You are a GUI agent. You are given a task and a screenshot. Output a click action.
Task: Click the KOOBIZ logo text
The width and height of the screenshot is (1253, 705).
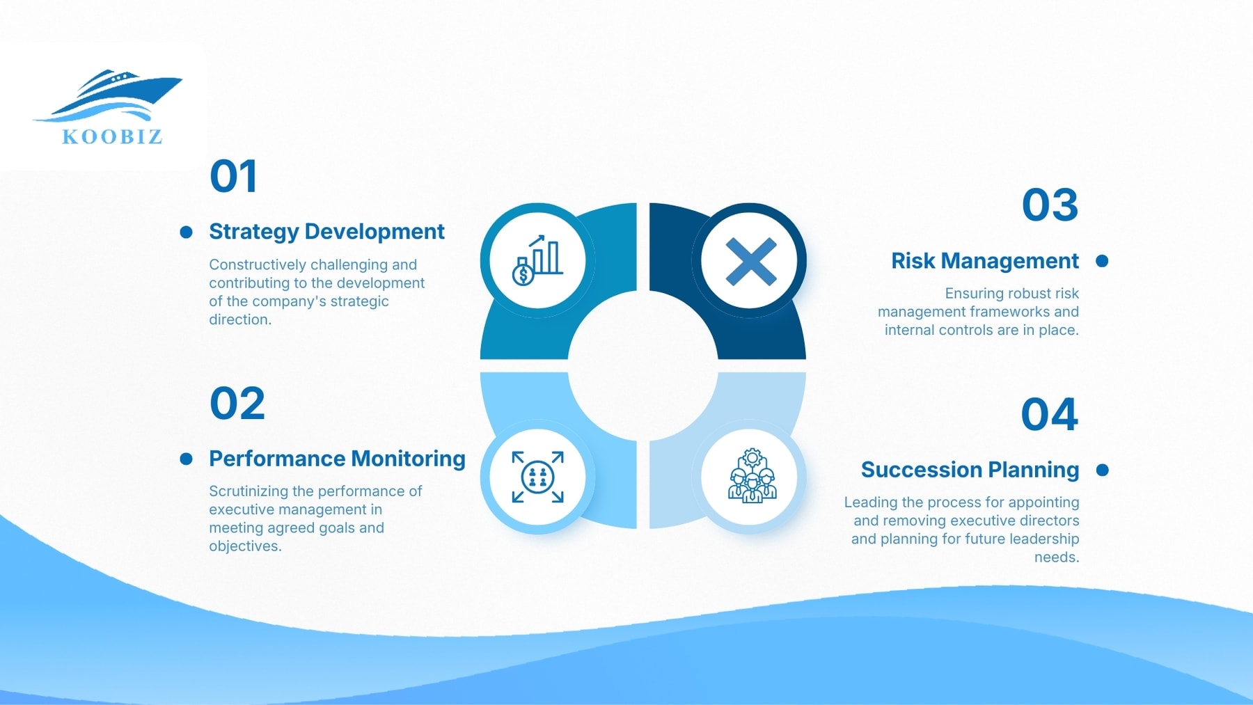click(x=112, y=136)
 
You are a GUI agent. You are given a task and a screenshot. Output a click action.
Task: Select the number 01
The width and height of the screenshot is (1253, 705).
click(x=234, y=176)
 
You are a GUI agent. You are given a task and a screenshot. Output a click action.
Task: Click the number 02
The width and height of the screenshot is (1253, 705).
click(x=237, y=404)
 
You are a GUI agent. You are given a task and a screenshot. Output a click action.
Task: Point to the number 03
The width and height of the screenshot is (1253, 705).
click(x=1050, y=205)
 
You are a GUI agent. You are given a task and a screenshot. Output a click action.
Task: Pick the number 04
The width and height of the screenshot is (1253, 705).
click(x=1049, y=415)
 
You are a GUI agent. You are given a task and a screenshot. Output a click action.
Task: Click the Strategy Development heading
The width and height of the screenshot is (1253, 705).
click(x=326, y=231)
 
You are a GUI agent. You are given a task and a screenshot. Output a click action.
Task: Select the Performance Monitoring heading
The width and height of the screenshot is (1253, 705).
click(x=337, y=459)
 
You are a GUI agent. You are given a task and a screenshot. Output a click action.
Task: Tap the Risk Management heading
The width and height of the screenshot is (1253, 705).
click(x=984, y=261)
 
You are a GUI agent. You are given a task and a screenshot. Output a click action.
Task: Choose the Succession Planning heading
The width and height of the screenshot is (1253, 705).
click(x=970, y=470)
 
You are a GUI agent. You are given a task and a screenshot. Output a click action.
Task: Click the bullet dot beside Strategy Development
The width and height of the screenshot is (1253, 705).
click(x=186, y=232)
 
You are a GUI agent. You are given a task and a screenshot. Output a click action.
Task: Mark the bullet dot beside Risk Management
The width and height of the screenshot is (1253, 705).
click(x=1102, y=261)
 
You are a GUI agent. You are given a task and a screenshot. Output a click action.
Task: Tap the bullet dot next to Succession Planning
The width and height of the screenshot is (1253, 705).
click(x=1102, y=470)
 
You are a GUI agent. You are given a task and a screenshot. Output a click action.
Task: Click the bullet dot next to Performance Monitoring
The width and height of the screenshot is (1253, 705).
click(x=186, y=459)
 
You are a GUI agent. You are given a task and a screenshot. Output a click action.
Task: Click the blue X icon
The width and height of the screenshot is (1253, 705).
click(x=750, y=262)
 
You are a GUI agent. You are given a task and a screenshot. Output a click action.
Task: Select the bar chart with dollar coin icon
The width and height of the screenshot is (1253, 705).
click(x=537, y=261)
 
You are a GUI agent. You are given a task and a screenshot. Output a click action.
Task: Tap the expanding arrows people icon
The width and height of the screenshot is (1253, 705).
click(x=537, y=477)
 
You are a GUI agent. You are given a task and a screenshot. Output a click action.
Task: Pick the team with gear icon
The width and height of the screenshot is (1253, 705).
click(x=751, y=477)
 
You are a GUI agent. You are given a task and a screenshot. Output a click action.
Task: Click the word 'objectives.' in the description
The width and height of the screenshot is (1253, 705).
click(x=245, y=546)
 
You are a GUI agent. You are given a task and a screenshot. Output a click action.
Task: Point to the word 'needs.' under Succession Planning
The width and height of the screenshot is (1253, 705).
click(x=1056, y=557)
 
